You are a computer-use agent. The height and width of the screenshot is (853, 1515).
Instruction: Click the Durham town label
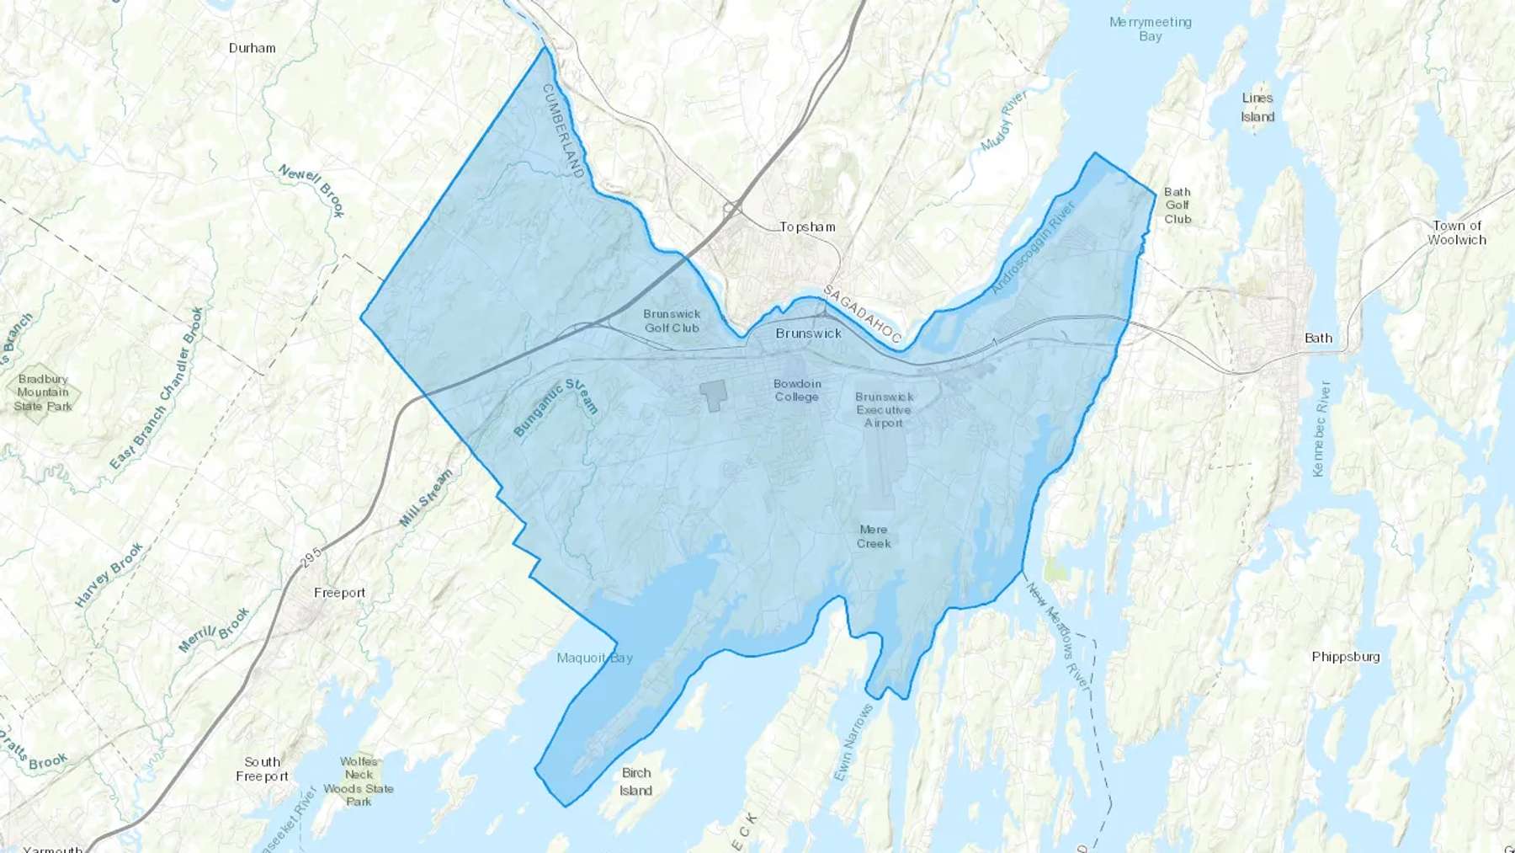coord(252,48)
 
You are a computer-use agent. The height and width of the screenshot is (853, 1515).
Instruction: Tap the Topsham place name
coord(807,227)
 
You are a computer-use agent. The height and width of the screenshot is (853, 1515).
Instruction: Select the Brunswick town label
coord(808,333)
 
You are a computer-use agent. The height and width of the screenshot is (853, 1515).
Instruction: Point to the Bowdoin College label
coord(797,390)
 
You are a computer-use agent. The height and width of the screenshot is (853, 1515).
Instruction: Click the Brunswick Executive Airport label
coord(884,410)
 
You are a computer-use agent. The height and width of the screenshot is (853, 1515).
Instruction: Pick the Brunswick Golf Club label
coord(672,321)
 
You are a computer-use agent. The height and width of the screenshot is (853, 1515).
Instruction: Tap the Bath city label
coord(1318,339)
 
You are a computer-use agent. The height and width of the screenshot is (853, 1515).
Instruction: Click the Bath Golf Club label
coord(1177,205)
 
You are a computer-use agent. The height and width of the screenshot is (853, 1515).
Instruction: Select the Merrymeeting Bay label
coord(1150,29)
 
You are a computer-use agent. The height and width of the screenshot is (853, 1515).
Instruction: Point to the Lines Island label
coord(1257,108)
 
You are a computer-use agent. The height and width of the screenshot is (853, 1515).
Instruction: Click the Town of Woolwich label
coord(1457,232)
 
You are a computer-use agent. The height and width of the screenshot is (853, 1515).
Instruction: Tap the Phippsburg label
coord(1345,657)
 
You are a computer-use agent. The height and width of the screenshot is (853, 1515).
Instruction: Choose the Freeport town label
coord(339,593)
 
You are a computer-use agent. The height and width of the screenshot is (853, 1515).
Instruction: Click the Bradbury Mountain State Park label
coord(43,392)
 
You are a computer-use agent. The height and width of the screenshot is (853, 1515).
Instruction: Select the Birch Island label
coord(636,781)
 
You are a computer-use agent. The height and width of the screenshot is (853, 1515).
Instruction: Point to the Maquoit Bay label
coord(594,658)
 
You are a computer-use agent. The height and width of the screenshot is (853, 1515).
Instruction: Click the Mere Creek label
coord(874,536)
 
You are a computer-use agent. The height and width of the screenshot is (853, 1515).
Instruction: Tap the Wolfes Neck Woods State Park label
coord(359,781)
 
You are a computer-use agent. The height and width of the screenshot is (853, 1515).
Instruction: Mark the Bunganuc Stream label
coord(555,408)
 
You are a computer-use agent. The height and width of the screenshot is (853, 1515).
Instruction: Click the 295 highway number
coord(311,557)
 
